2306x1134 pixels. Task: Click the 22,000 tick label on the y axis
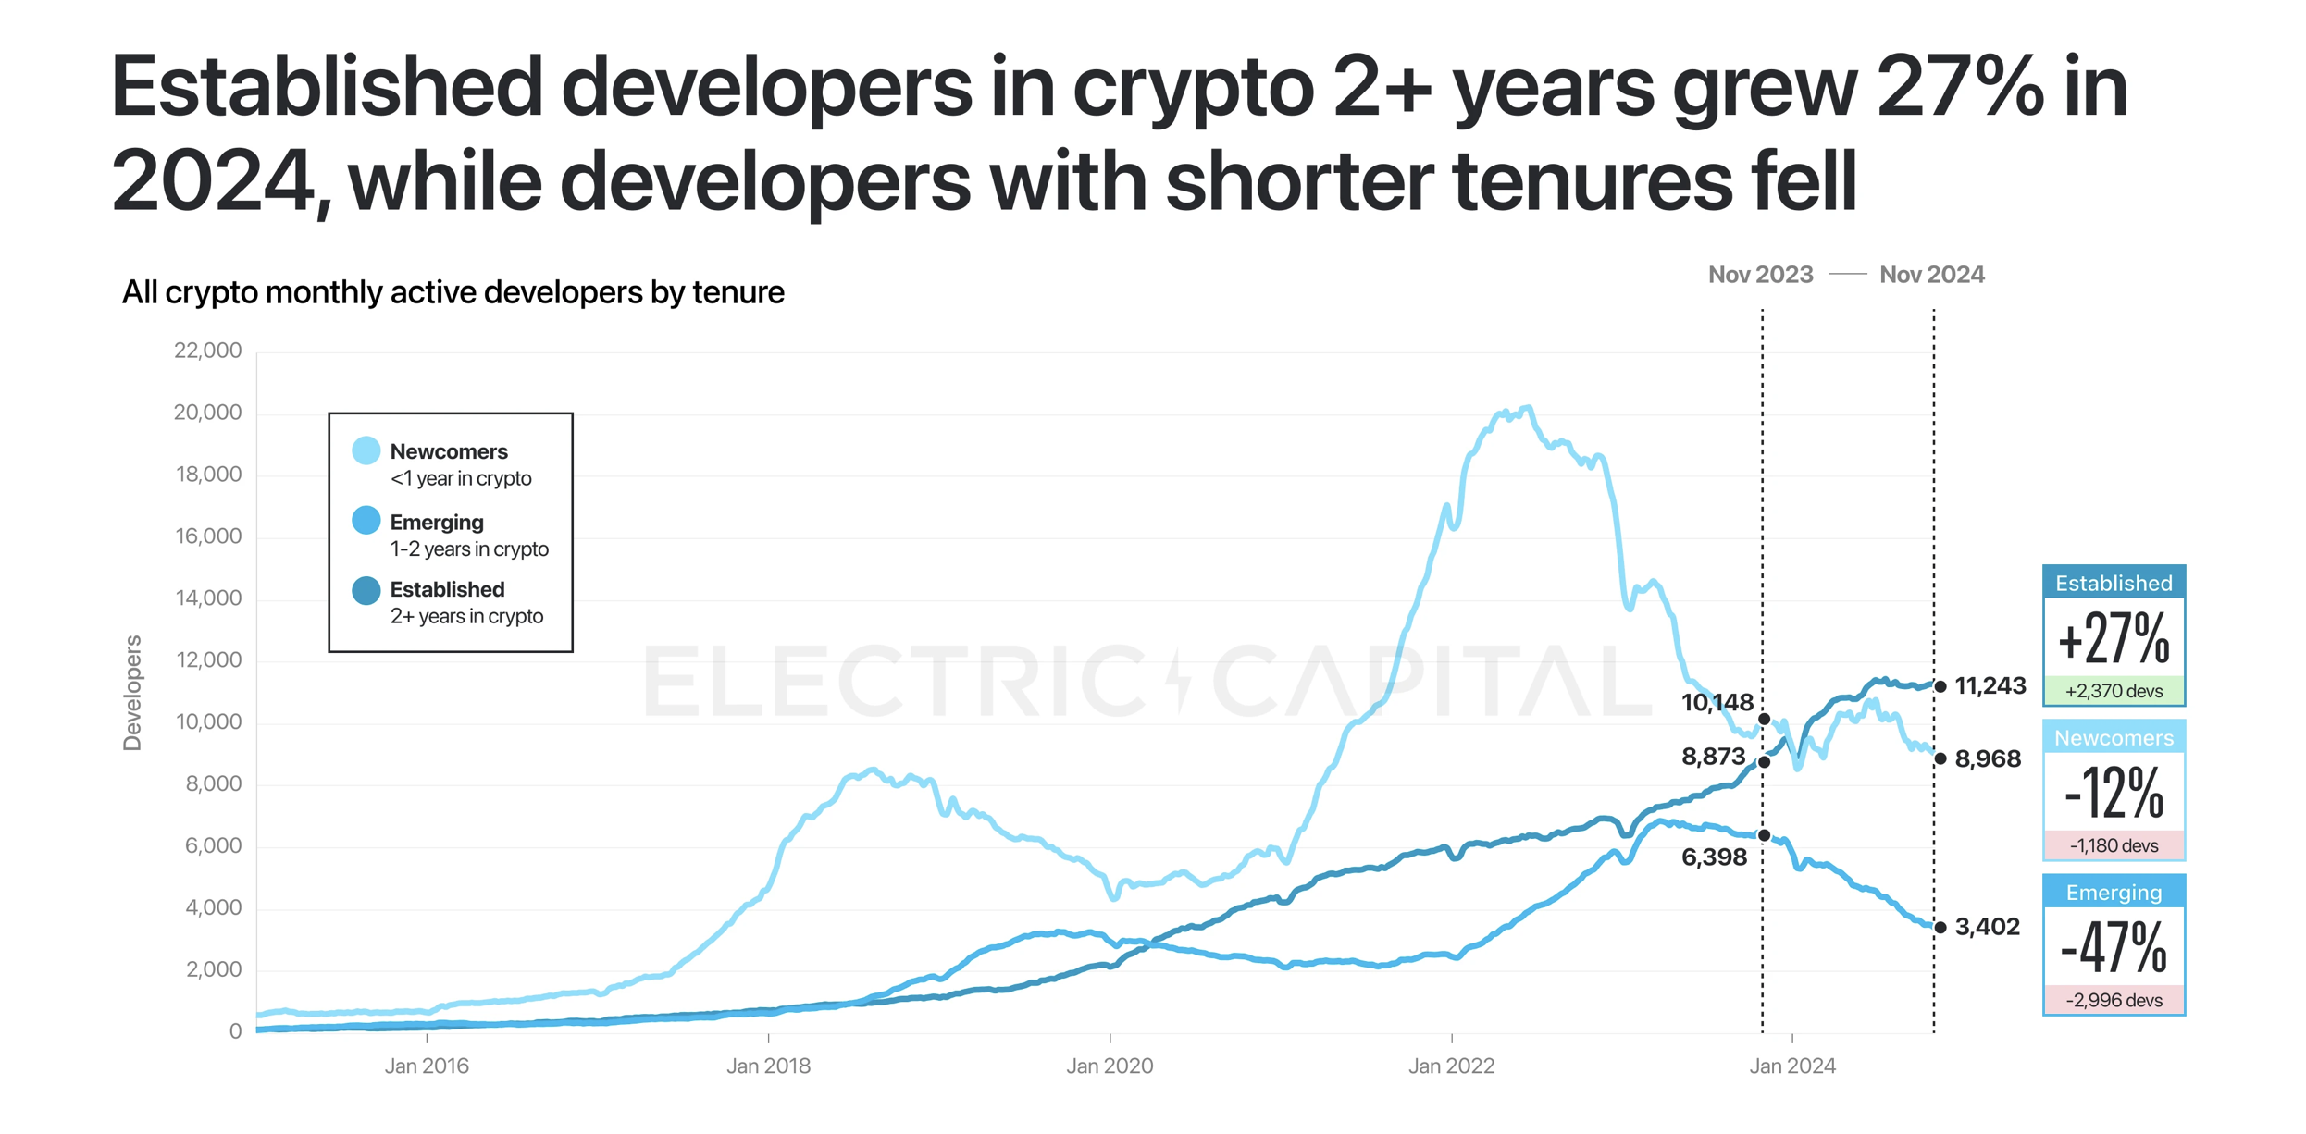click(207, 351)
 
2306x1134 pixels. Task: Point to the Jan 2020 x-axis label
click(1110, 1066)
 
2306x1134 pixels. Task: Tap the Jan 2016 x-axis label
click(427, 1066)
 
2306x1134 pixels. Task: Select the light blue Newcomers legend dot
click(366, 451)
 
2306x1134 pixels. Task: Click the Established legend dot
click(366, 590)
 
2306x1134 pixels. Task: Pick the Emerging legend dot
click(366, 521)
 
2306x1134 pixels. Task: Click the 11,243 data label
click(1990, 685)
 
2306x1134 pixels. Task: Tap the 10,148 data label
click(1717, 703)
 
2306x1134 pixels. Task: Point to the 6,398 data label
click(1714, 857)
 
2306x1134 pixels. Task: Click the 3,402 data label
click(1987, 927)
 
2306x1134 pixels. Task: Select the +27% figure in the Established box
click(2114, 639)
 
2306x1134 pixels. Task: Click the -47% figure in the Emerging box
click(2114, 948)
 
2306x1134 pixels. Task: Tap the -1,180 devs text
click(2114, 845)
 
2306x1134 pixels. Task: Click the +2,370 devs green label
click(2114, 691)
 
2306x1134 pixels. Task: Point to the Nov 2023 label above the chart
click(1760, 275)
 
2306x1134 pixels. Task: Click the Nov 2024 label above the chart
click(1931, 275)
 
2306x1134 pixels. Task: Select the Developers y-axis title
click(133, 693)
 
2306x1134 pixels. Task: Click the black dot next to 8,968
click(1940, 758)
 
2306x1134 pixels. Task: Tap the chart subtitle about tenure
click(453, 292)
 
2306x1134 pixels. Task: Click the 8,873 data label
click(1713, 757)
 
